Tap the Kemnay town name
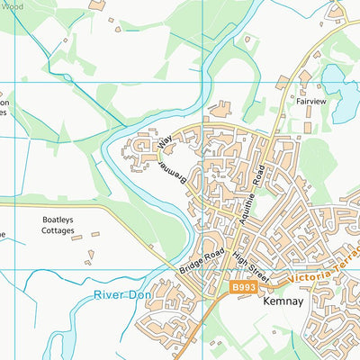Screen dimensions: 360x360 pyautogui.click(x=279, y=305)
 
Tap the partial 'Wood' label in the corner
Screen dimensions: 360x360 pyautogui.click(x=9, y=4)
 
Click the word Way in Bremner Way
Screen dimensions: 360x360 pyautogui.click(x=164, y=142)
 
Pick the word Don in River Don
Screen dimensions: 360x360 pyautogui.click(x=140, y=294)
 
